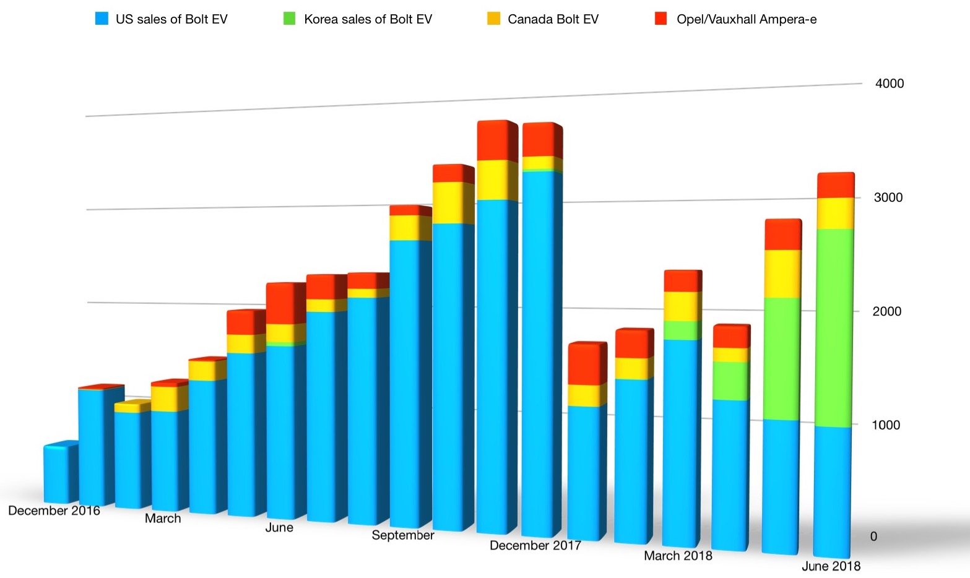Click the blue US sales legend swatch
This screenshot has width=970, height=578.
102,19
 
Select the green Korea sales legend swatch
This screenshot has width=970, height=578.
289,19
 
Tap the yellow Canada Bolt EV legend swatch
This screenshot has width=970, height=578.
493,19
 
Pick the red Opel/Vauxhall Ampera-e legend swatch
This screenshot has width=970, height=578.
661,19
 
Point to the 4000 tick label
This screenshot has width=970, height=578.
889,84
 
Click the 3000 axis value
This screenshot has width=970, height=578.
888,197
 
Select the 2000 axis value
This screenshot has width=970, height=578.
886,311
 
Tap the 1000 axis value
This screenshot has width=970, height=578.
886,425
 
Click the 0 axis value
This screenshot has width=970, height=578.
873,537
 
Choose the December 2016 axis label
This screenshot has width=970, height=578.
54,511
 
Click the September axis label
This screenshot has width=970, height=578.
402,535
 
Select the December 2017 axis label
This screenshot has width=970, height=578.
535,545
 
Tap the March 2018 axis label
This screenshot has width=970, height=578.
678,556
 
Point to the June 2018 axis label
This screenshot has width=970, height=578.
831,566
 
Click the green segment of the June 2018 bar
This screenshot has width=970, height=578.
833,328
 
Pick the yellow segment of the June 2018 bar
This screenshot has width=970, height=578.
834,214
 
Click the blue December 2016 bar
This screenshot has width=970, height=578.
60,473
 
